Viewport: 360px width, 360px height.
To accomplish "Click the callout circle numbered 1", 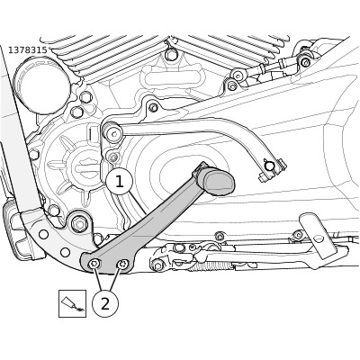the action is [x=120, y=182].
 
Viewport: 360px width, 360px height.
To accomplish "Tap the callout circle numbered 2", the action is [x=105, y=304].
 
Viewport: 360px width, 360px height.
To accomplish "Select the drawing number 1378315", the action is [x=28, y=50].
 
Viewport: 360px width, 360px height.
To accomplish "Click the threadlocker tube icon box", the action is [x=72, y=303].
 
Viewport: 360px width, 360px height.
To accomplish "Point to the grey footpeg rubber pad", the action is [x=220, y=182].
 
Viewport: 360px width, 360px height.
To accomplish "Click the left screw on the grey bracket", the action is [x=94, y=264].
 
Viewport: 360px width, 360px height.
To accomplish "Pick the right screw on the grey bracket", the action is [x=122, y=265].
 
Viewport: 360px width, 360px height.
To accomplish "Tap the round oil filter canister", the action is [x=42, y=86].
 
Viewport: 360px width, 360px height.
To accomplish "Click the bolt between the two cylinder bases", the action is [x=171, y=54].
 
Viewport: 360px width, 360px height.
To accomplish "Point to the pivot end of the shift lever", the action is [x=112, y=133].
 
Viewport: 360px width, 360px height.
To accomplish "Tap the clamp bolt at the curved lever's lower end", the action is [x=269, y=166].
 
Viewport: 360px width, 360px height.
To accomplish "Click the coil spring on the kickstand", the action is [x=211, y=265].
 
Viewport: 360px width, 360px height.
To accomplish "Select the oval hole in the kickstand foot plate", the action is [x=319, y=238].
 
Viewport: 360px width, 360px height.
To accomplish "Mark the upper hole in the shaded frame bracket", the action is [x=44, y=234].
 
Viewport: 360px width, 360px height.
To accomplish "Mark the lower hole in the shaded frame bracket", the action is [x=65, y=253].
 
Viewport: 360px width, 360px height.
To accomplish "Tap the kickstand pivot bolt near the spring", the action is [x=157, y=265].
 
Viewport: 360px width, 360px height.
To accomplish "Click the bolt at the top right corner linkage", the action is [x=305, y=62].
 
